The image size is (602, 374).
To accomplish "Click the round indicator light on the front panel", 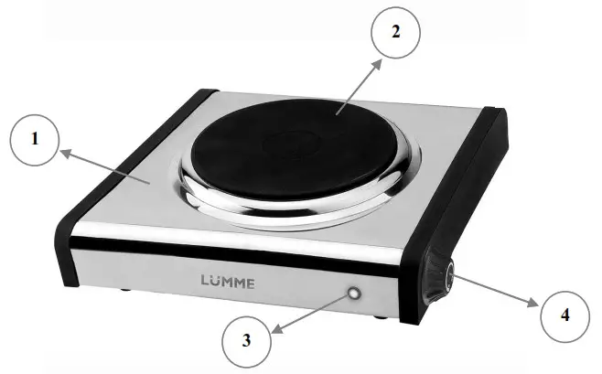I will click(x=352, y=294).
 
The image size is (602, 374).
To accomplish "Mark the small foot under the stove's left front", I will click(x=124, y=291).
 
